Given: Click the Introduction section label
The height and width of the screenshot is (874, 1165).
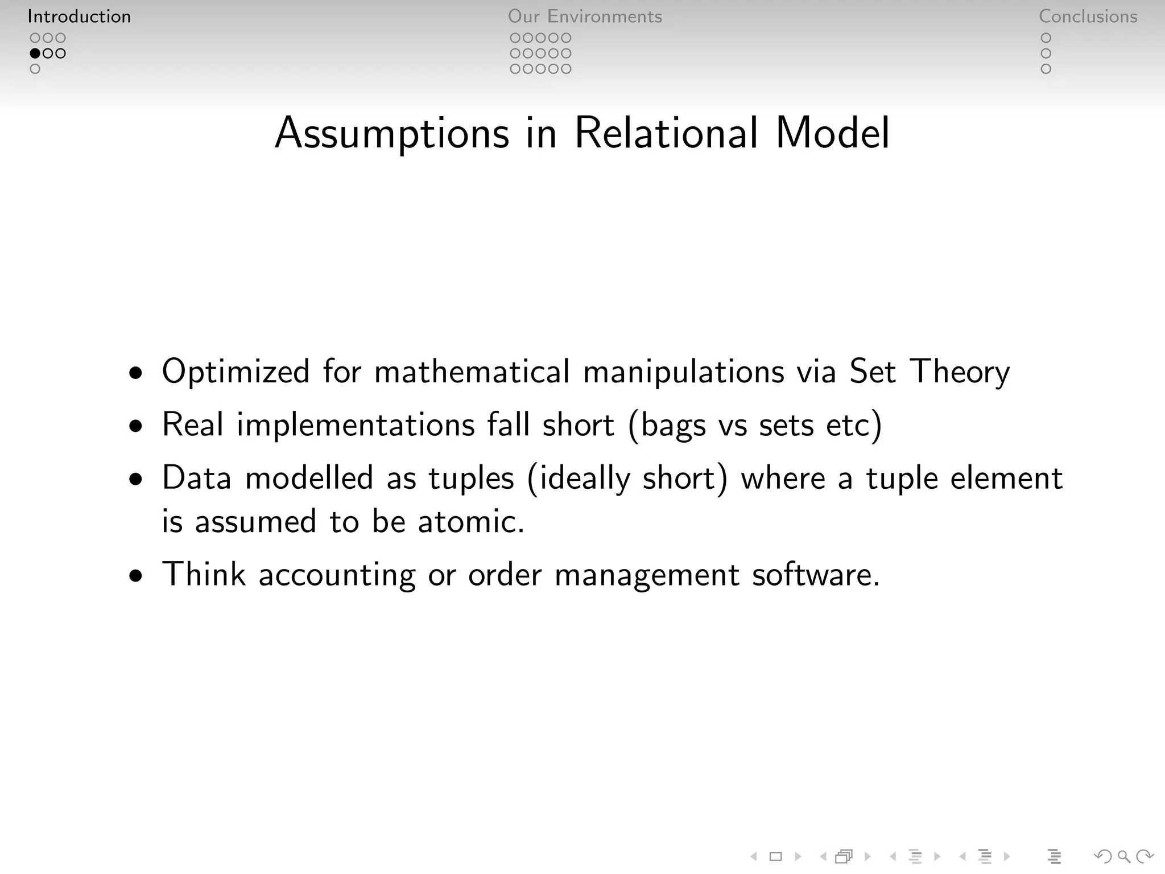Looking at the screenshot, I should tap(79, 17).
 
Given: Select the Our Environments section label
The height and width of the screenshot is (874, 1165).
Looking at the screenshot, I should tap(585, 17).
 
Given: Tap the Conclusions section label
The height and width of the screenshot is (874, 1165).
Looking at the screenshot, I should tap(1088, 17).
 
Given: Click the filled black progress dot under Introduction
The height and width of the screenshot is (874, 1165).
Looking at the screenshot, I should tap(35, 53).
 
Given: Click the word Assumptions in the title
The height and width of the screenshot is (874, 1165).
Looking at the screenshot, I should tap(392, 134).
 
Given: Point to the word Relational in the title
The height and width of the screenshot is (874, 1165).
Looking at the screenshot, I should tap(666, 133).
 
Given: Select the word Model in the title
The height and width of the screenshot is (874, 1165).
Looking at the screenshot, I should tap(832, 133).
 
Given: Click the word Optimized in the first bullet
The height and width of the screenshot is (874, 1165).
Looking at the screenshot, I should tap(236, 372).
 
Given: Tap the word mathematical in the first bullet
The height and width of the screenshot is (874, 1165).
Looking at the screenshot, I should tap(472, 372).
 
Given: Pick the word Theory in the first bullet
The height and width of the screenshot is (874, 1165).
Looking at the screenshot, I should tap(960, 373).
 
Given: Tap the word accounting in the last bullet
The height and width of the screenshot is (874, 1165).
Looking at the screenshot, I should tap(337, 575).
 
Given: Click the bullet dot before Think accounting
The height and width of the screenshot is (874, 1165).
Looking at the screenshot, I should tap(136, 576).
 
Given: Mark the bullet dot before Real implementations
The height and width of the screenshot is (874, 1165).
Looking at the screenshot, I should tap(136, 426).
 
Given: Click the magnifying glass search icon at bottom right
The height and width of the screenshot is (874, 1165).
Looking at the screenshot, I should tap(1123, 856).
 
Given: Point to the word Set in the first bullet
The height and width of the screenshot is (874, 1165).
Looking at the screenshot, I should tap(872, 372).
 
